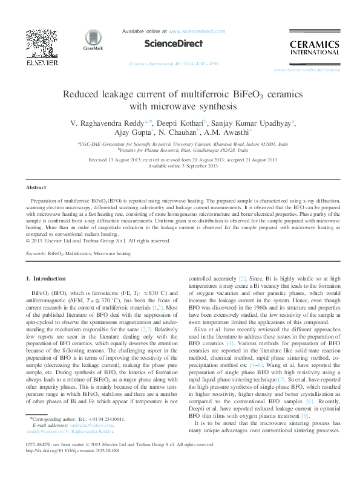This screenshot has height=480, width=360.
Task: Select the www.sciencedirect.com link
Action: point(192,30)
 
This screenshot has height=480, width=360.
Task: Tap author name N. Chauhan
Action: point(179,132)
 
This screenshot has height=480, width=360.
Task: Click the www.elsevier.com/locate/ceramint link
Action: point(307,70)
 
